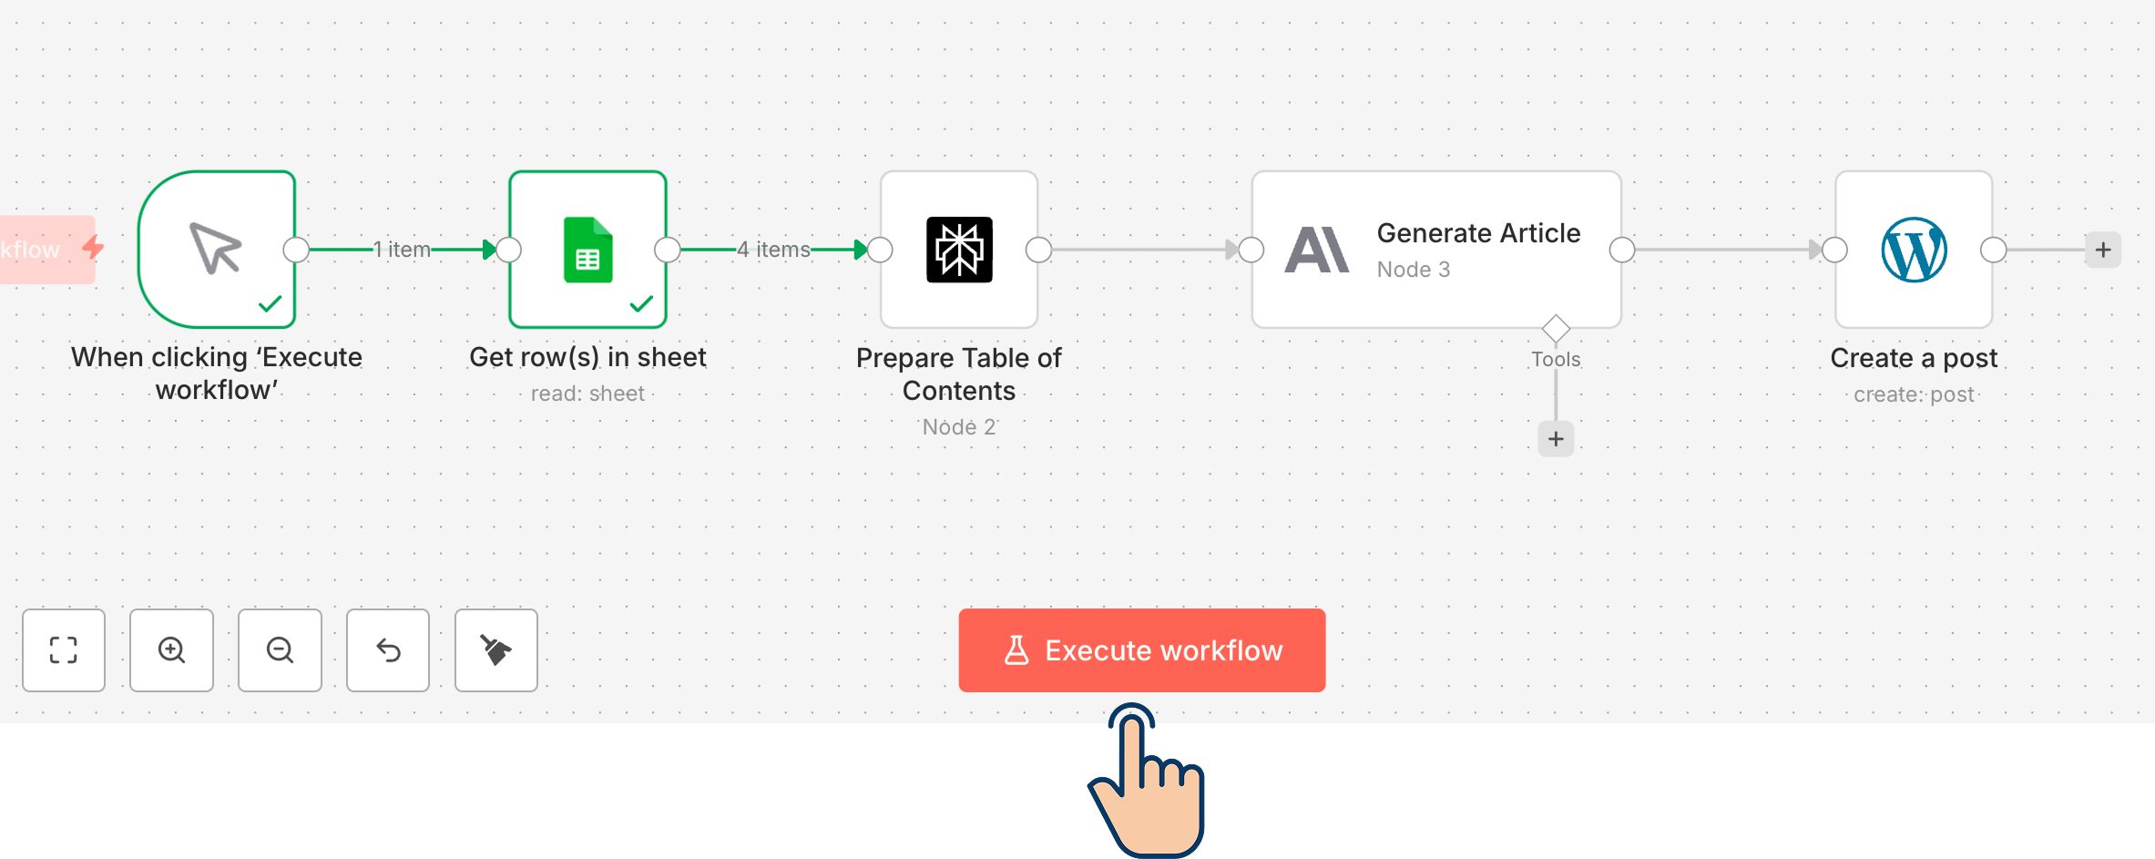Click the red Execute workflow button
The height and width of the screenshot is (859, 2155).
pyautogui.click(x=1141, y=650)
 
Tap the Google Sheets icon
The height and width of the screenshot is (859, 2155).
pyautogui.click(x=587, y=250)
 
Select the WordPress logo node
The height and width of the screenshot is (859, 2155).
pyautogui.click(x=1914, y=250)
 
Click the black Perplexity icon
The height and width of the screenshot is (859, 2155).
pyautogui.click(x=959, y=250)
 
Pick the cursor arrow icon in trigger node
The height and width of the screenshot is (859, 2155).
pyautogui.click(x=216, y=248)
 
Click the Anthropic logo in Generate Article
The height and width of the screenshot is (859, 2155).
pyautogui.click(x=1316, y=250)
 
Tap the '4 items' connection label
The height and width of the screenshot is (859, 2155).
pyautogui.click(x=773, y=250)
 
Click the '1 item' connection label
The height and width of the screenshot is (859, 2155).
pyautogui.click(x=402, y=250)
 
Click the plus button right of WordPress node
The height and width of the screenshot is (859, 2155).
pyautogui.click(x=2103, y=250)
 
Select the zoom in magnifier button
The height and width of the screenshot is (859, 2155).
pyautogui.click(x=171, y=650)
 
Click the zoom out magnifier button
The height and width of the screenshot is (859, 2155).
pyautogui.click(x=280, y=650)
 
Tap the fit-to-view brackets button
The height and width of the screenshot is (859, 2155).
pyautogui.click(x=64, y=650)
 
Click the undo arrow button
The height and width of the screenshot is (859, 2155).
pyautogui.click(x=388, y=650)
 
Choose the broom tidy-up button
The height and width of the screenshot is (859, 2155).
pyautogui.click(x=496, y=650)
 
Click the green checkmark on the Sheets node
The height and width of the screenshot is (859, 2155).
pyautogui.click(x=641, y=303)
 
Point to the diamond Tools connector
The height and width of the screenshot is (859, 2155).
pyautogui.click(x=1556, y=328)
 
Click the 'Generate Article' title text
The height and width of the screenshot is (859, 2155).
pyautogui.click(x=1478, y=233)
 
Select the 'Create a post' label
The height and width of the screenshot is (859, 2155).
pyautogui.click(x=1914, y=358)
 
